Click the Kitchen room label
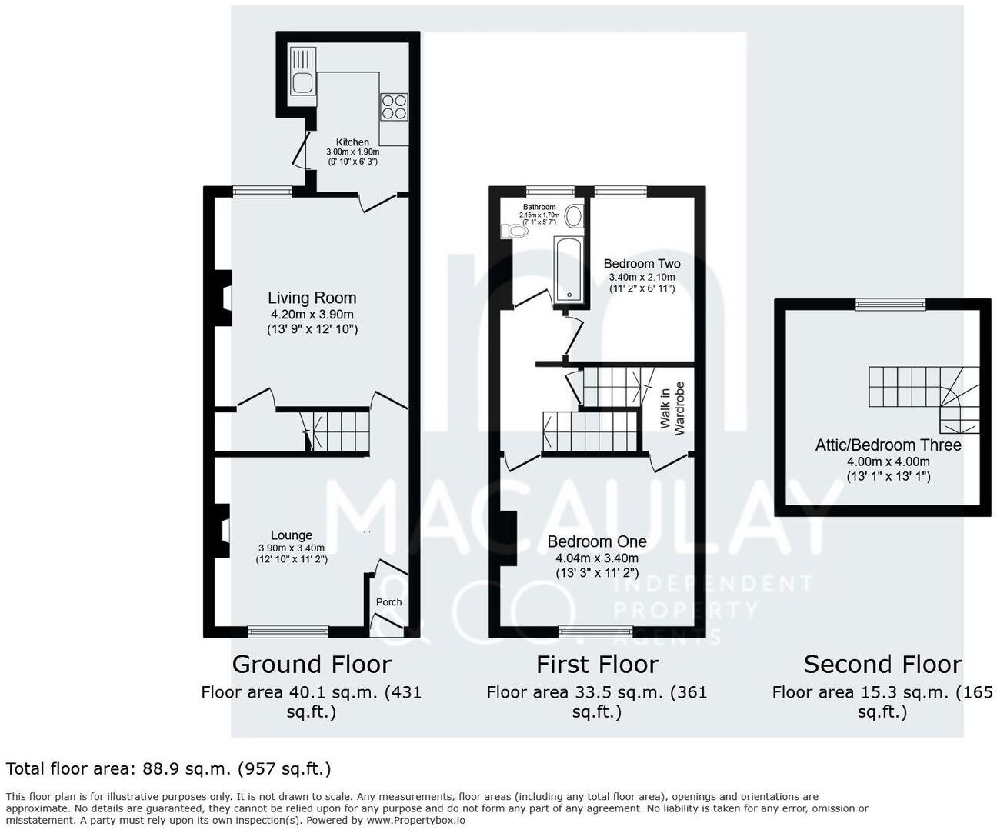352,142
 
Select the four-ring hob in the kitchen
394,106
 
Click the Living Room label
312,298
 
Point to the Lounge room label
292,535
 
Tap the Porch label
388,602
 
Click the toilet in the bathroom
514,230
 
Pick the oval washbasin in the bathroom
573,216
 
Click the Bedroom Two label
642,264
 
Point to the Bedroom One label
596,541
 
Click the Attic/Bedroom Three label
888,445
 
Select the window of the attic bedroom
891,305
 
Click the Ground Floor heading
312,664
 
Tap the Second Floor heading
882,664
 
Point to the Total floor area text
168,768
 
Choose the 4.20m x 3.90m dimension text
312,315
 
